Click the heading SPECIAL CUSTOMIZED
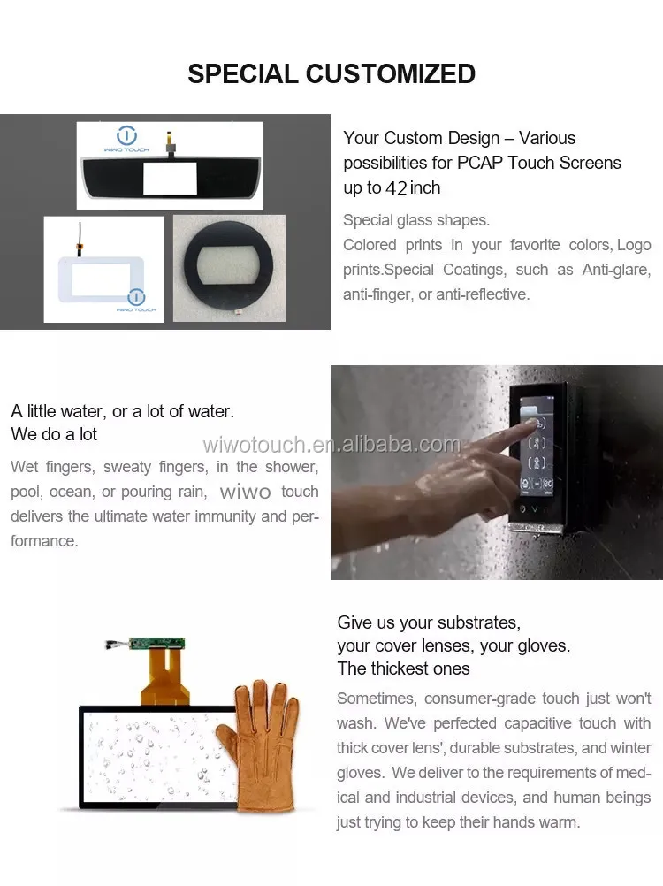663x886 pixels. [331, 73]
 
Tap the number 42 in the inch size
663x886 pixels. [396, 188]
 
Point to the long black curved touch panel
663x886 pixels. [169, 177]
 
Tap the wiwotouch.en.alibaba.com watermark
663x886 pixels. [331, 444]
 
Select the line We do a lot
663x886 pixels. [54, 434]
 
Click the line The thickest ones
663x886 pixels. [403, 668]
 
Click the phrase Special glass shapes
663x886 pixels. [415, 220]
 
